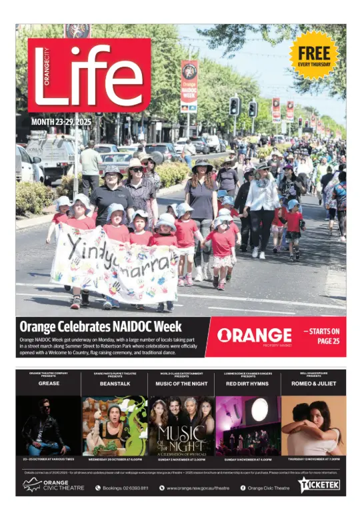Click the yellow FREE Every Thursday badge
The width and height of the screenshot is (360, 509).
click(313, 55)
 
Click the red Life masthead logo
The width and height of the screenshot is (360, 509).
click(89, 75)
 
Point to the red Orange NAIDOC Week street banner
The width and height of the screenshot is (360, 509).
click(189, 85)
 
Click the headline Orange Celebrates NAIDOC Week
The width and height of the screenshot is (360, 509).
click(100, 326)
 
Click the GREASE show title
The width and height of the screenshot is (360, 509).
click(49, 384)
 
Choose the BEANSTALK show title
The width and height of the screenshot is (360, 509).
click(115, 384)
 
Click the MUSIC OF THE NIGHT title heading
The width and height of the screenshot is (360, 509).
click(181, 384)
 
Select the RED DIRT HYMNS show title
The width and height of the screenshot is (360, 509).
click(247, 384)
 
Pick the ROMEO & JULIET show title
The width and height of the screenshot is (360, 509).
click(313, 384)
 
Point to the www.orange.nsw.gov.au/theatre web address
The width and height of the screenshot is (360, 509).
click(197, 488)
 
